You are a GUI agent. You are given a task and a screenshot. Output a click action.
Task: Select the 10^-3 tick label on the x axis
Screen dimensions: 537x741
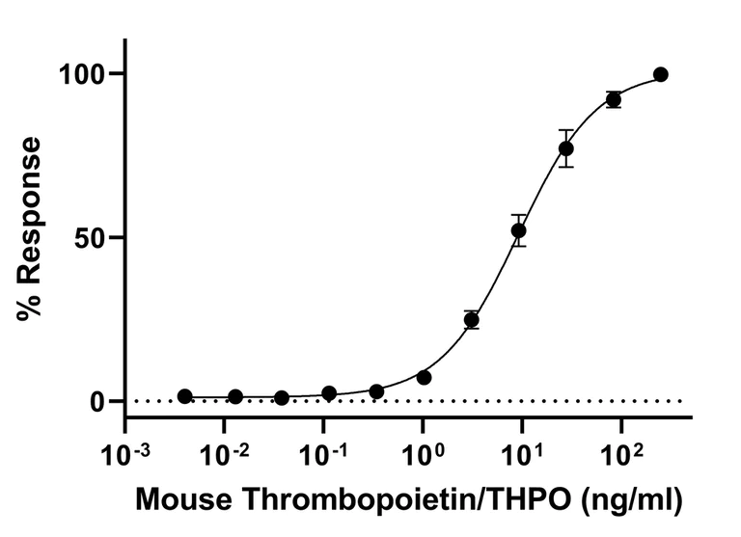pyautogui.click(x=125, y=451)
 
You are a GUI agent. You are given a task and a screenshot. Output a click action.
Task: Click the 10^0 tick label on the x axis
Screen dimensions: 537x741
pyautogui.click(x=423, y=451)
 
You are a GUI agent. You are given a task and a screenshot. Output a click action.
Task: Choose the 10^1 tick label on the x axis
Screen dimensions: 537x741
pyautogui.click(x=522, y=451)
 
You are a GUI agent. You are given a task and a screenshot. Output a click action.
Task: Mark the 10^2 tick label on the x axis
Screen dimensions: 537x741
pyautogui.click(x=621, y=451)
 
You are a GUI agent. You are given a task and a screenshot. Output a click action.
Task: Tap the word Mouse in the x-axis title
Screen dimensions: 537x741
pyautogui.click(x=181, y=500)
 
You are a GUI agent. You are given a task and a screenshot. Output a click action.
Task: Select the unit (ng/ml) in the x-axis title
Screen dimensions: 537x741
pyautogui.click(x=629, y=500)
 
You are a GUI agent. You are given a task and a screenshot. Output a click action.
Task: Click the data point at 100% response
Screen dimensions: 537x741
pyautogui.click(x=661, y=74)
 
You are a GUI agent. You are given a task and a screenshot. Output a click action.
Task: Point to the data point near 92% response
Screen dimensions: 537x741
pyautogui.click(x=614, y=99)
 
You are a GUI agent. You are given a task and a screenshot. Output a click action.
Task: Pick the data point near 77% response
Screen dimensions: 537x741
pyautogui.click(x=566, y=148)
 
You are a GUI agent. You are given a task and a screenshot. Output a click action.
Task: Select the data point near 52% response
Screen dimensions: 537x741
pyautogui.click(x=519, y=230)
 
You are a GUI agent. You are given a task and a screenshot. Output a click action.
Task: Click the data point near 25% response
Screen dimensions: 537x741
pyautogui.click(x=472, y=319)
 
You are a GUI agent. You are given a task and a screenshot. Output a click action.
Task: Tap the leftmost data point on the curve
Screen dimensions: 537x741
pyautogui.click(x=185, y=396)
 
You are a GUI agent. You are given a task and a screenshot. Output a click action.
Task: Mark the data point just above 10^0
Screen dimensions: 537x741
pyautogui.click(x=425, y=377)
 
